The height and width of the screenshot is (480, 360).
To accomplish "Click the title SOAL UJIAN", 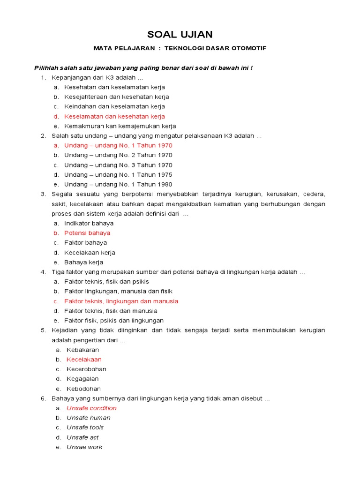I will (x=180, y=34).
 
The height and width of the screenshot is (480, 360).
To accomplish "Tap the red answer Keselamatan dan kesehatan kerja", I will (x=114, y=116).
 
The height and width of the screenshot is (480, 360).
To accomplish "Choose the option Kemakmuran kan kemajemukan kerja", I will (x=120, y=126).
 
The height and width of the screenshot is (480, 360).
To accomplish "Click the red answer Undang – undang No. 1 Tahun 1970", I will (x=118, y=145).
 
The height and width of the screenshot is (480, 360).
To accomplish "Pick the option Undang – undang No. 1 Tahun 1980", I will (x=118, y=184).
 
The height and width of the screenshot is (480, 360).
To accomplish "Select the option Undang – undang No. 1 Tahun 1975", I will (x=118, y=174).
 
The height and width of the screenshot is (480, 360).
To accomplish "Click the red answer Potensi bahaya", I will (x=87, y=233).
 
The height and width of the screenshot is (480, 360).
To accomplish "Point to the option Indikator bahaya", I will (x=89, y=223).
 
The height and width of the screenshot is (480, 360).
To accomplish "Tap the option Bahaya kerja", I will (x=83, y=262).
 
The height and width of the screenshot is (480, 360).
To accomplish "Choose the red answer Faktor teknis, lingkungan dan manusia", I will (x=121, y=301).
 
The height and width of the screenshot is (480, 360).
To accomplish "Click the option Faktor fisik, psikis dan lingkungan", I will (x=114, y=321).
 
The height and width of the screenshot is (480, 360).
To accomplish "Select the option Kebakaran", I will (x=82, y=350).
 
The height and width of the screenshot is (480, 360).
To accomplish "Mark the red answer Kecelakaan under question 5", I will (x=84, y=360).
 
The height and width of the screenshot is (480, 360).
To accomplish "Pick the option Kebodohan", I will (x=83, y=389).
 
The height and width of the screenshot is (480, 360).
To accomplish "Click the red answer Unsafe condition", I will (x=91, y=408).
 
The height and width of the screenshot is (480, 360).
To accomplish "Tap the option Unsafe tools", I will (x=85, y=427).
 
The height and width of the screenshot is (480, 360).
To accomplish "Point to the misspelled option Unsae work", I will (x=84, y=447).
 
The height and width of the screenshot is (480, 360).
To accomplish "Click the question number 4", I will (x=43, y=272).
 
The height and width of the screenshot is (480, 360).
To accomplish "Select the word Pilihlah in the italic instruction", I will (x=44, y=68).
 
